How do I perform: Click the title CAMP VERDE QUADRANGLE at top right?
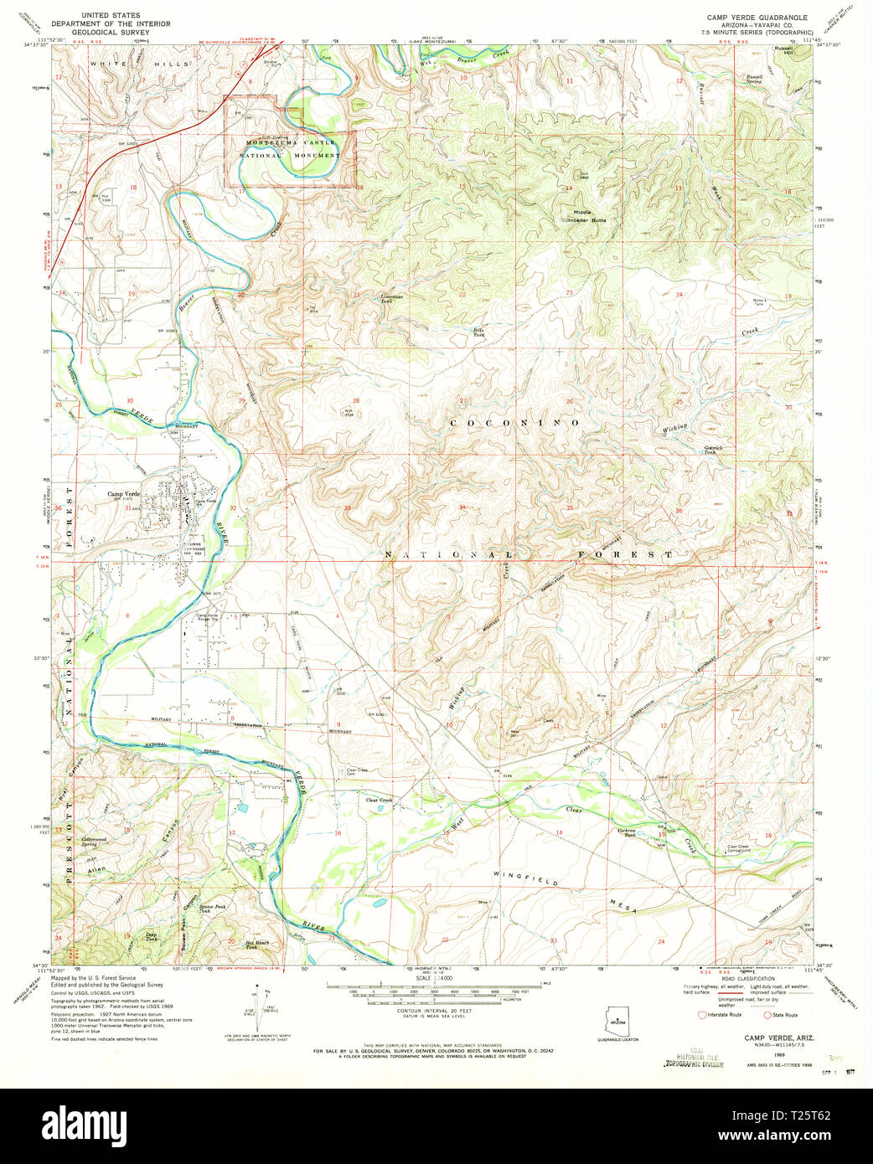pyautogui.click(x=757, y=17)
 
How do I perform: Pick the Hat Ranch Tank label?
pyautogui.click(x=256, y=945)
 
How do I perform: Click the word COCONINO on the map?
pyautogui.click(x=514, y=424)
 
